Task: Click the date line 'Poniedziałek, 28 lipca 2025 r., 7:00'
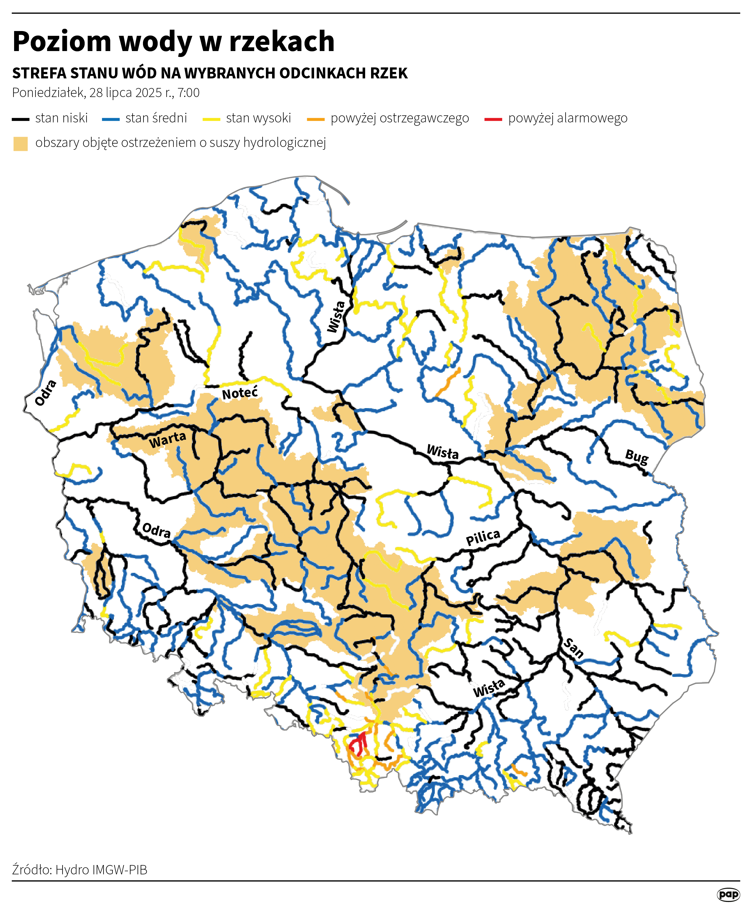[106, 93]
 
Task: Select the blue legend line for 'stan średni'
[111, 119]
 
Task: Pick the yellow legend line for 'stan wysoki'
[211, 119]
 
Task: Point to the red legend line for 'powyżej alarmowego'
[493, 119]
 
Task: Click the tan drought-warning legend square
[20, 143]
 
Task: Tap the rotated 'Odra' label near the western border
[45, 393]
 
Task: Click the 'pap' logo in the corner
[728, 895]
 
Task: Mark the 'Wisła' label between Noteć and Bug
[442, 452]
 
